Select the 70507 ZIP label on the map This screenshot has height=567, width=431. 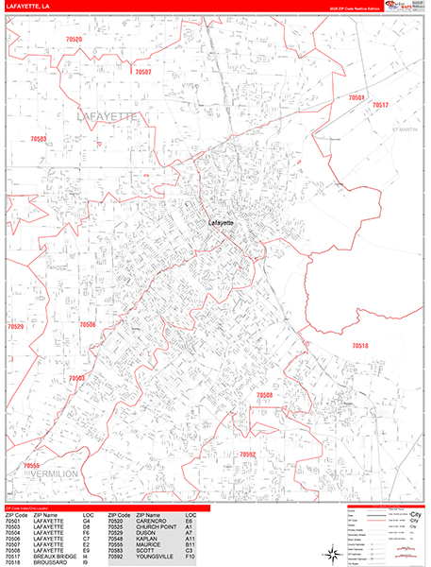143,72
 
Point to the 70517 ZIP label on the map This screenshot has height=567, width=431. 380,106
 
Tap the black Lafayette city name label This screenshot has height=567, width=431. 220,223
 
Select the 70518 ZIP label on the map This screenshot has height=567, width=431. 359,346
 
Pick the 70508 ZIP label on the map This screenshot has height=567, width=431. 264,395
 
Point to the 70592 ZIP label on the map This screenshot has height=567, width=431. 247,455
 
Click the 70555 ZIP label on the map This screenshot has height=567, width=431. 32,466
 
